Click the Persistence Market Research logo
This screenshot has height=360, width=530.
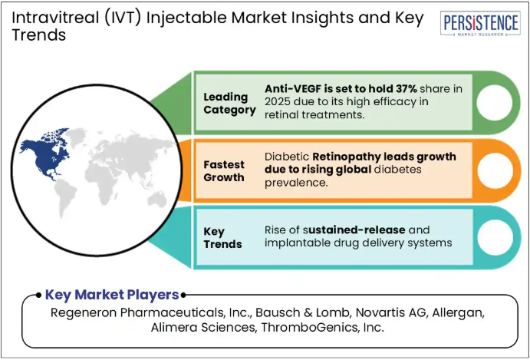point(480,23)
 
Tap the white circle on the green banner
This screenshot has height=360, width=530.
point(495,102)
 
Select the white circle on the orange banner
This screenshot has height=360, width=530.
point(495,170)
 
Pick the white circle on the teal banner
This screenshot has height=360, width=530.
point(495,237)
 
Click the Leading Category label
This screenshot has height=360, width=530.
point(229,104)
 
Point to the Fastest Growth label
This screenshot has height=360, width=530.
point(224,171)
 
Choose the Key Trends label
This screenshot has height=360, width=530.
point(222,238)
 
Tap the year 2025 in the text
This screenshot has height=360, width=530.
point(277,101)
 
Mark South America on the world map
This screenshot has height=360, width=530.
point(65,197)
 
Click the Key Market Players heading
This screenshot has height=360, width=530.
point(111,295)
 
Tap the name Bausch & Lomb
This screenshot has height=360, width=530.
point(302,313)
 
